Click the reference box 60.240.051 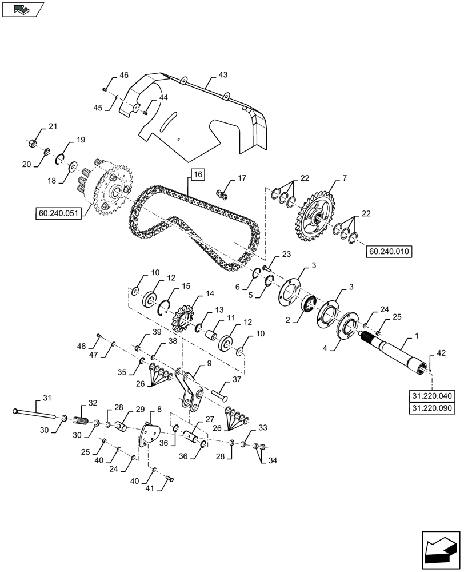pos(59,214)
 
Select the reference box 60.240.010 pos(389,251)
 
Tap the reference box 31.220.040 pos(431,395)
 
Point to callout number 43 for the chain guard pos(222,75)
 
